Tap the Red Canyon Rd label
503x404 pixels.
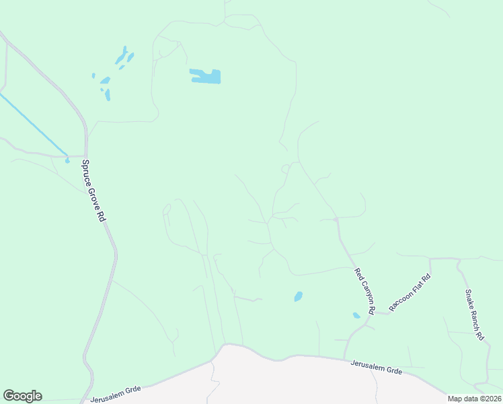364,292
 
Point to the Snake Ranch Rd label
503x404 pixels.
474,314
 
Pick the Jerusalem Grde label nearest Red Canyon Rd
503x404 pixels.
376,367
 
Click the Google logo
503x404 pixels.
22,396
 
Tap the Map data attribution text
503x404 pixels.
475,399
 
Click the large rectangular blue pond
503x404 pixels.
206,76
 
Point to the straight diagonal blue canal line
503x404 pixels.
34,124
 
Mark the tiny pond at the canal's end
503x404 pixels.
67,160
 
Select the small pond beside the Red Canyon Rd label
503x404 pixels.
356,315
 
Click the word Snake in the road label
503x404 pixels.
469,300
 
